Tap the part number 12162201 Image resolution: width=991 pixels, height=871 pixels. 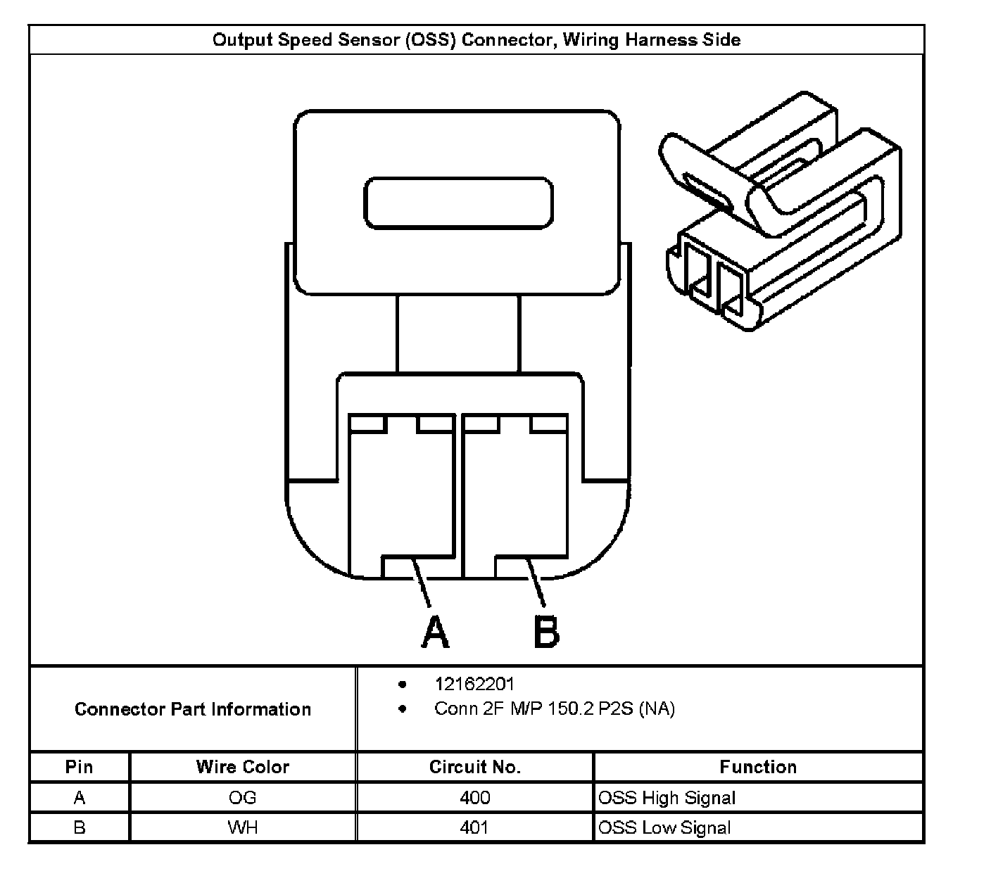click(x=474, y=684)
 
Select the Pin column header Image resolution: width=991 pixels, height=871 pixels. click(x=79, y=767)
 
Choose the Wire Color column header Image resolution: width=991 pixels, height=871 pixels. click(x=242, y=767)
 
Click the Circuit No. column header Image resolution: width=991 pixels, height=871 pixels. click(x=474, y=767)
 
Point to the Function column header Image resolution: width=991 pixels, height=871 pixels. click(x=758, y=767)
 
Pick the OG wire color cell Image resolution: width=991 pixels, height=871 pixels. click(x=242, y=798)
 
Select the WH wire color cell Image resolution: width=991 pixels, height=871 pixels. click(x=242, y=827)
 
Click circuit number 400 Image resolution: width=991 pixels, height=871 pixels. click(x=474, y=798)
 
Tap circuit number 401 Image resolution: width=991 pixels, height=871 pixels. click(x=474, y=827)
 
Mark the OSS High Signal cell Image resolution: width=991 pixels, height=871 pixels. click(x=667, y=798)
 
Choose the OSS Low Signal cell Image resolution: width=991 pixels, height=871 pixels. click(x=664, y=828)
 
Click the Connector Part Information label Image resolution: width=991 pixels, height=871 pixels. click(x=193, y=709)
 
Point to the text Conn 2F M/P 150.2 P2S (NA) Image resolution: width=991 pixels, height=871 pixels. click(x=554, y=708)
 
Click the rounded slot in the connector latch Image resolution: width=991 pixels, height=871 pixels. click(x=457, y=203)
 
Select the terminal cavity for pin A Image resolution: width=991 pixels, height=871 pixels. click(x=401, y=492)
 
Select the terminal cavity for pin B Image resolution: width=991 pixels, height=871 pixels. click(x=515, y=492)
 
